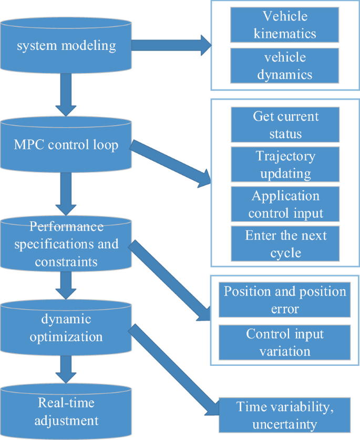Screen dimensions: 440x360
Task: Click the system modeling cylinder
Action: click(66, 46)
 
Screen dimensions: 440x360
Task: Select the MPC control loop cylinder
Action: click(66, 144)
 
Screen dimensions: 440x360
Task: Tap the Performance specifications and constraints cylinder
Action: click(66, 244)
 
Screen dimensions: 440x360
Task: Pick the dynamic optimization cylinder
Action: click(66, 328)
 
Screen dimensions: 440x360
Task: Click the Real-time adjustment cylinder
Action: click(66, 412)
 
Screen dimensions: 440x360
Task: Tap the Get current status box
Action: click(285, 125)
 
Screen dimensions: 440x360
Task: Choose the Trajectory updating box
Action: click(285, 165)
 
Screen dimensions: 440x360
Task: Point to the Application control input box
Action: click(285, 204)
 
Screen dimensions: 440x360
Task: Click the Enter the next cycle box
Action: click(285, 244)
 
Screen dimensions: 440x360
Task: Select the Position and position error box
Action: click(285, 300)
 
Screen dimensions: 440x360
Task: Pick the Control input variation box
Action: click(285, 342)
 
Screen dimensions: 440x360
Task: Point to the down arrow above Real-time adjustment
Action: click(66, 370)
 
